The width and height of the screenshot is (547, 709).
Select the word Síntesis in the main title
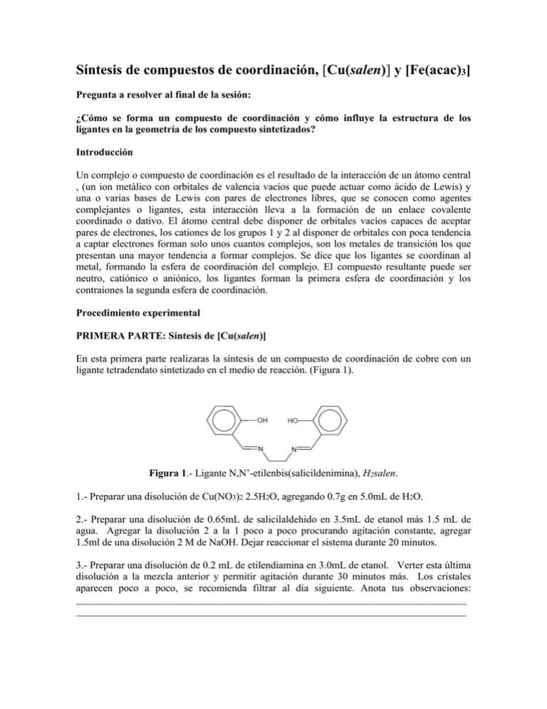103,72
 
